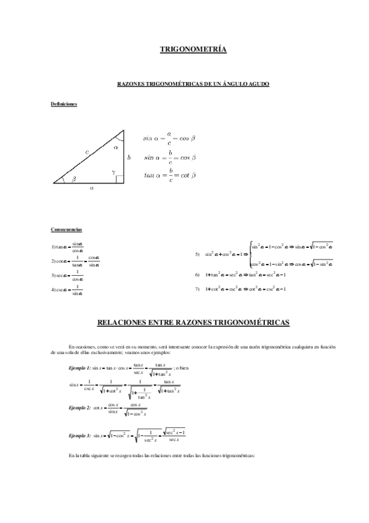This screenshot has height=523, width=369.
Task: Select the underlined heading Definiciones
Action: pos(63,104)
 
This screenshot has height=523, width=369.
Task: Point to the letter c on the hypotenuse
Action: pos(87,151)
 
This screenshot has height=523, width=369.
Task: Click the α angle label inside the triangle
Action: pos(116,148)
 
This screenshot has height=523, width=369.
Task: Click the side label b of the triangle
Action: pos(129,158)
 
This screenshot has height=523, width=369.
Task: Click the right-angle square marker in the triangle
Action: pos(120,179)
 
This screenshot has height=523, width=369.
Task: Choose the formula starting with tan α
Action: pos(169,175)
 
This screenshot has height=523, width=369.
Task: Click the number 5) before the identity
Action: pos(197,254)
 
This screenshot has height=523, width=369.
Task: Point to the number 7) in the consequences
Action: pos(197,289)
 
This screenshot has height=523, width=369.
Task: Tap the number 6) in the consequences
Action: pos(197,274)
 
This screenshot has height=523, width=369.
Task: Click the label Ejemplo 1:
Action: pos(79,368)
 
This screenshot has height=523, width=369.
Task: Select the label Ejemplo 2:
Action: pos(79,408)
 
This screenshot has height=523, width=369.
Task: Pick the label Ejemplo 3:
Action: pos(79,435)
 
